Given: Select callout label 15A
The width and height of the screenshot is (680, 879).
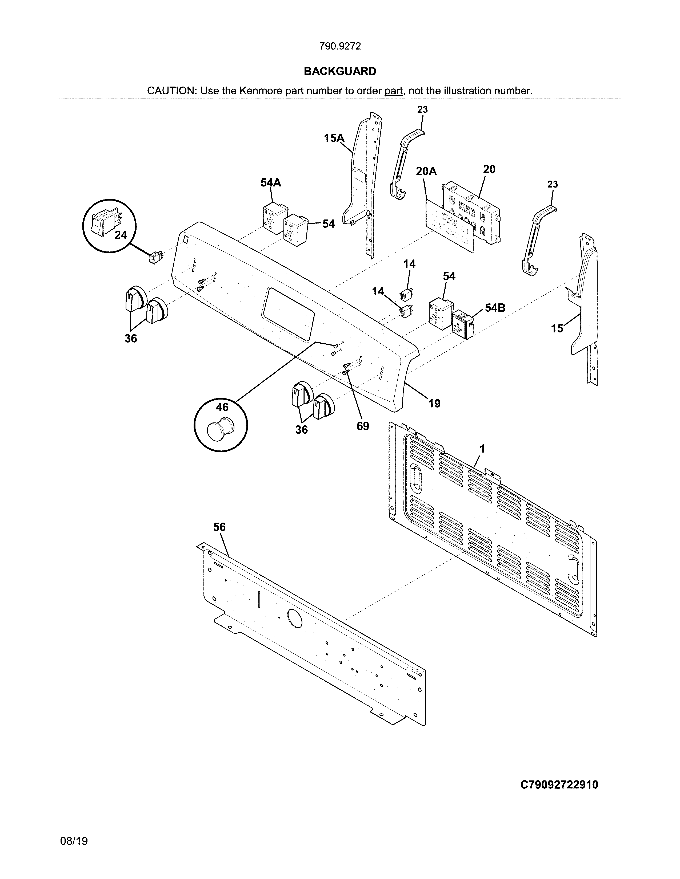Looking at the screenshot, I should click(334, 139).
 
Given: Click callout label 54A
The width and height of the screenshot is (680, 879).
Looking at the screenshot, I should click(270, 183).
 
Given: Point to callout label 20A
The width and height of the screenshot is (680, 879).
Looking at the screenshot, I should click(426, 172).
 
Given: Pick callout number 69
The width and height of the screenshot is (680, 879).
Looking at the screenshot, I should click(363, 426).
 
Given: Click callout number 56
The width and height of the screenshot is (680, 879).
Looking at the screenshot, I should click(219, 527).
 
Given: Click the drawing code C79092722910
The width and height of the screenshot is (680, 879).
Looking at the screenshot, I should click(559, 785).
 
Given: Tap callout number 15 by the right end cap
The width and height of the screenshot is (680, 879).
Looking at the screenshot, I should click(557, 329).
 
